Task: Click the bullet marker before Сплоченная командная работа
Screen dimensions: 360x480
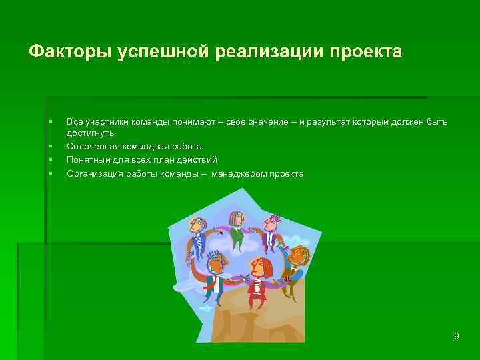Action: click(x=51, y=146)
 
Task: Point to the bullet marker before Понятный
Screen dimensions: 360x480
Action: click(x=51, y=160)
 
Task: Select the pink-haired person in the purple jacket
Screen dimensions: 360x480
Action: click(x=236, y=227)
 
